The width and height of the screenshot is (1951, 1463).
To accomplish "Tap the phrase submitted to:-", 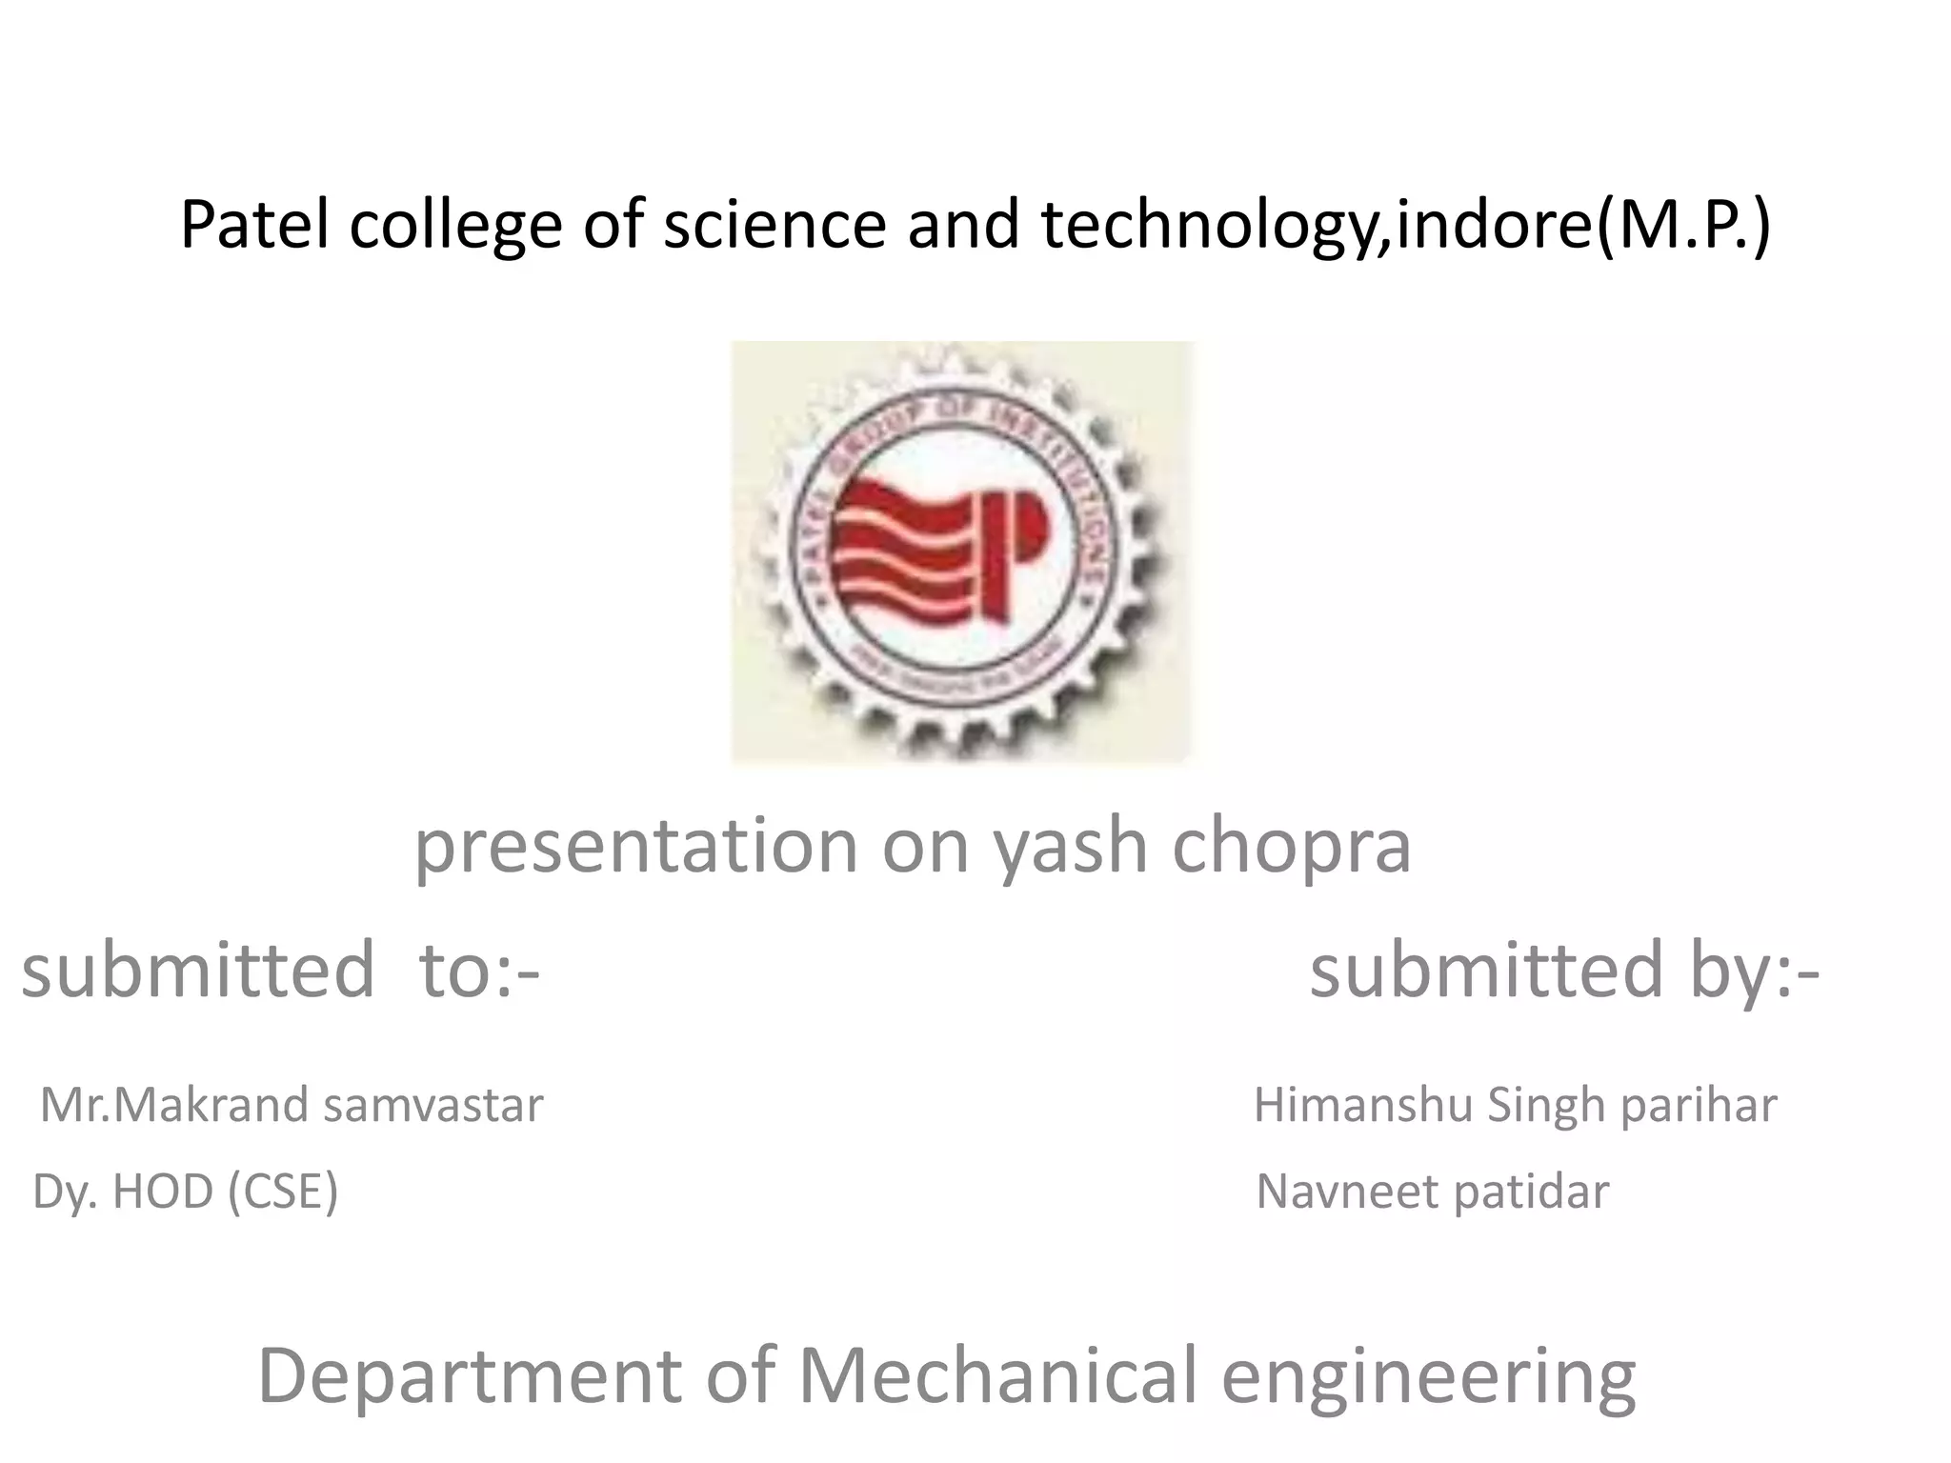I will click(x=281, y=970).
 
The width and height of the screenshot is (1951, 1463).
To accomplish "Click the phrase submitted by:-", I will click(x=1564, y=970).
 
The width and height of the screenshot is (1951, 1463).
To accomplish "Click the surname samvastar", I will click(x=433, y=1105).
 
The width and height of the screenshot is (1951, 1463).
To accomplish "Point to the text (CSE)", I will click(x=283, y=1192).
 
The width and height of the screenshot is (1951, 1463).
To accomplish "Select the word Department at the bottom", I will click(x=470, y=1375).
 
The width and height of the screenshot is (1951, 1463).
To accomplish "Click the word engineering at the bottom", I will click(x=1428, y=1375).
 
